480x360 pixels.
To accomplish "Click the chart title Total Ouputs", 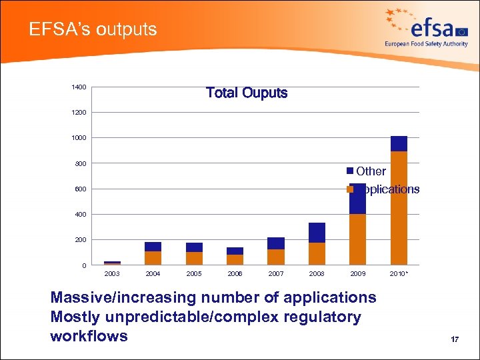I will [247, 93].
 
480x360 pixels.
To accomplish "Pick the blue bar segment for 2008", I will [317, 233].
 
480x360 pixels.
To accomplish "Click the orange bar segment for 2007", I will [276, 257].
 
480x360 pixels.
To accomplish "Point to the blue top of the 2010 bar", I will [399, 143].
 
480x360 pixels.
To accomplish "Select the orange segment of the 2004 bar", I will [153, 258].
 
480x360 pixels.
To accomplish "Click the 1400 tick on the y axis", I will [79, 87].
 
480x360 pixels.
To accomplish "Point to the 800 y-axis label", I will [80, 163].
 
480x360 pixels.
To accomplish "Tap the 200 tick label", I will [80, 240].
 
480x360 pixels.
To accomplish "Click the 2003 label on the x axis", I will [112, 274].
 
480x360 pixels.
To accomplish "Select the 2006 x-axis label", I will [235, 274].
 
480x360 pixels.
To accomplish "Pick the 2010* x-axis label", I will [399, 274].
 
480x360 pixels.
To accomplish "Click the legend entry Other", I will [371, 171].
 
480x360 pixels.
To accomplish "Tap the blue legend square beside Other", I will [350, 171].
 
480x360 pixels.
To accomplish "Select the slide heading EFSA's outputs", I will [93, 29].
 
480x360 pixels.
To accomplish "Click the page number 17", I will [455, 340].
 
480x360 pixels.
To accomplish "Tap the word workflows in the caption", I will [89, 336].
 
